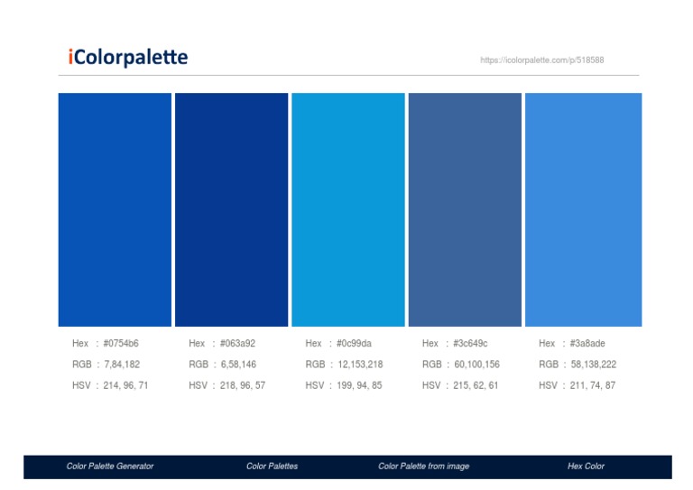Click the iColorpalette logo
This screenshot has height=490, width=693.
127,59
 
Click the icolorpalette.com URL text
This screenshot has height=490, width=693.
541,60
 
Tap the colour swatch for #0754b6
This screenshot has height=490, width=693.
115,209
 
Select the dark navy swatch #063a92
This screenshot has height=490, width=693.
231,209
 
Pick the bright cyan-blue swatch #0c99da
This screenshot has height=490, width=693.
347,209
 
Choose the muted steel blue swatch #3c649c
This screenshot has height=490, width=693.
465,209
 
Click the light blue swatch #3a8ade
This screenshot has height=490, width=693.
583,209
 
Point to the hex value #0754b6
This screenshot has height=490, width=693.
121,343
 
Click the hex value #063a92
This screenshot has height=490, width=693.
237,343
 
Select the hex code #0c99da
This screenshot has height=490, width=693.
354,343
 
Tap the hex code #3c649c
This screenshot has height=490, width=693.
470,343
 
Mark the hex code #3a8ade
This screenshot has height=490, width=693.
587,343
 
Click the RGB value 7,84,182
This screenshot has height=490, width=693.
122,365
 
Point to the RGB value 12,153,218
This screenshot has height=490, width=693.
360,365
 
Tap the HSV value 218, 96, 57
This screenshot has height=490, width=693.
242,385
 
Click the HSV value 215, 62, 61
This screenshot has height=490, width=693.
476,385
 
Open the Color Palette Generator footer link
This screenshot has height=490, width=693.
110,467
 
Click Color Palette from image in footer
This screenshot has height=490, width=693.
423,467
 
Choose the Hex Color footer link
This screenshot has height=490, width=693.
586,467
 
